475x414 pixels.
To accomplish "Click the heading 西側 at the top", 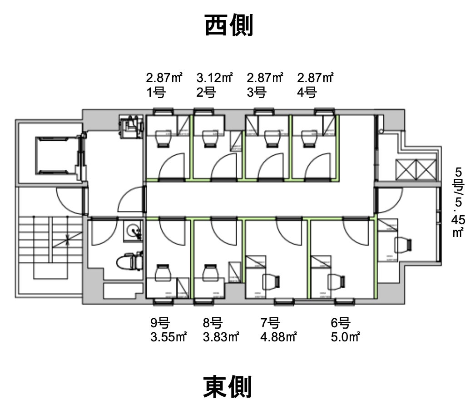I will pos(229,25).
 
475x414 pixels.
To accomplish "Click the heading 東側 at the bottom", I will pos(227,386).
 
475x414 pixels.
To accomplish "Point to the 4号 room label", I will pos(307,93).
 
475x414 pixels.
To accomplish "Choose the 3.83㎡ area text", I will pos(221,337).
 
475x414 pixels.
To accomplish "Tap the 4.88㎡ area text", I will pos(278,337).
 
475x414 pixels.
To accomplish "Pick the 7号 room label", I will pos(270,324).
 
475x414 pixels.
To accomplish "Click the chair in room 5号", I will pos(403,245).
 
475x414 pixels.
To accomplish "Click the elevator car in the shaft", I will pos(55,156).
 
